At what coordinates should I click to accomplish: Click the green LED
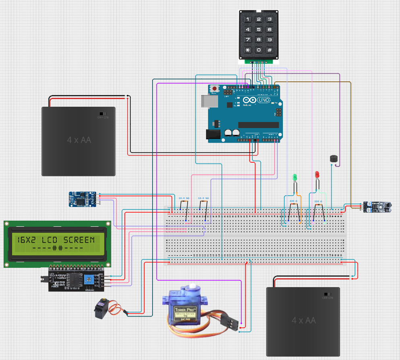295,177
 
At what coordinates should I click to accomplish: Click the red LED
317,174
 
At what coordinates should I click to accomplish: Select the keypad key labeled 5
259,29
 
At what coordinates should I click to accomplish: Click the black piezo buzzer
333,159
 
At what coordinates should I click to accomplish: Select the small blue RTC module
83,199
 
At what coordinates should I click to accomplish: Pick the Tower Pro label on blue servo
185,311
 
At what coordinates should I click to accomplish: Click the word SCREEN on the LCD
81,240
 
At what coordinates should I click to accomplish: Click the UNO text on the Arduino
264,100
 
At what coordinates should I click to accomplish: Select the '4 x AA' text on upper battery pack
79,140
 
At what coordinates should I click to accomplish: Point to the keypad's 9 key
270,40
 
